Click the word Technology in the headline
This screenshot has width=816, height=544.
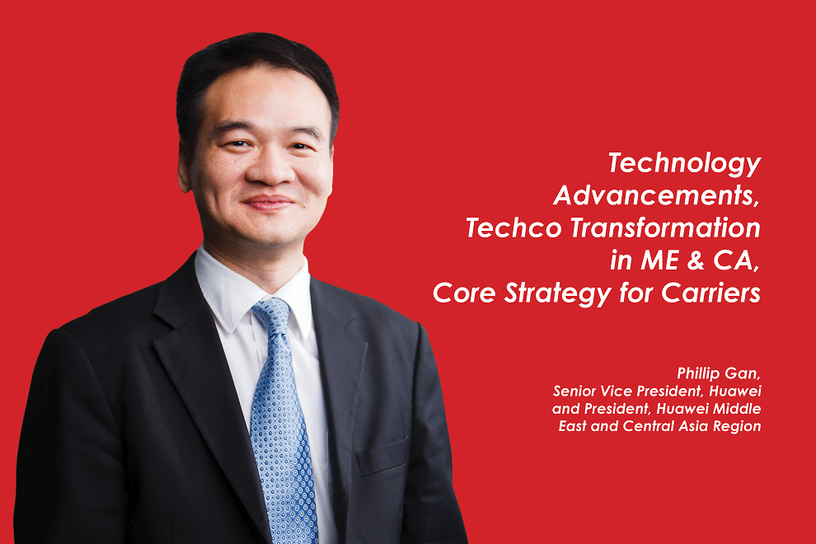[x=684, y=163]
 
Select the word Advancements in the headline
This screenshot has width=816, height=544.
[x=656, y=195]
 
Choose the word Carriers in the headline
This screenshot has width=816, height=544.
[x=714, y=293]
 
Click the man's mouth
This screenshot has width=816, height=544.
[x=267, y=202]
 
